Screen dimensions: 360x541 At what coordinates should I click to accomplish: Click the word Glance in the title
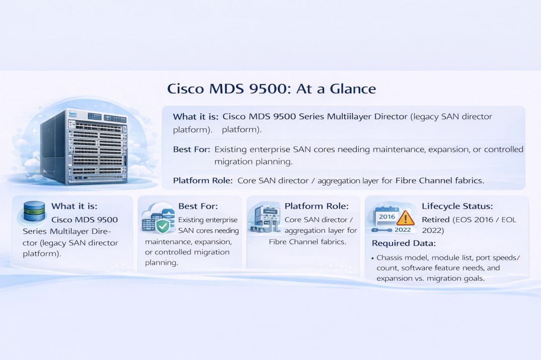pyautogui.click(x=353, y=89)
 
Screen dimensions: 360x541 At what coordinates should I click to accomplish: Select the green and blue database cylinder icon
pyautogui.click(x=34, y=212)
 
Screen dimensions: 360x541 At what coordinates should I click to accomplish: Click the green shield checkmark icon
pyautogui.click(x=163, y=226)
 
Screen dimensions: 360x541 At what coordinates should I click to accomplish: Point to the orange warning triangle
pyautogui.click(x=405, y=218)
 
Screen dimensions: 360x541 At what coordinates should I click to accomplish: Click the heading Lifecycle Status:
pyautogui.click(x=457, y=206)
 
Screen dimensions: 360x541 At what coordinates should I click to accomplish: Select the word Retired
pyautogui.click(x=435, y=220)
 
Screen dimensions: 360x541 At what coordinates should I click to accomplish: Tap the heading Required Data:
pyautogui.click(x=404, y=243)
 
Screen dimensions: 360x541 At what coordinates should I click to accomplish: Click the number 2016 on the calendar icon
pyautogui.click(x=387, y=216)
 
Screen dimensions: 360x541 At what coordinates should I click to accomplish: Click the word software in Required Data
pyautogui.click(x=417, y=268)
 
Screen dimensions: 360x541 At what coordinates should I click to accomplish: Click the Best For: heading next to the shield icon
pyautogui.click(x=198, y=206)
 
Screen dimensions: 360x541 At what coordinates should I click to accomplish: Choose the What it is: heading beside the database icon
pyautogui.click(x=74, y=206)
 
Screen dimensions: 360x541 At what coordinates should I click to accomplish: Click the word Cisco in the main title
pyautogui.click(x=185, y=89)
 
